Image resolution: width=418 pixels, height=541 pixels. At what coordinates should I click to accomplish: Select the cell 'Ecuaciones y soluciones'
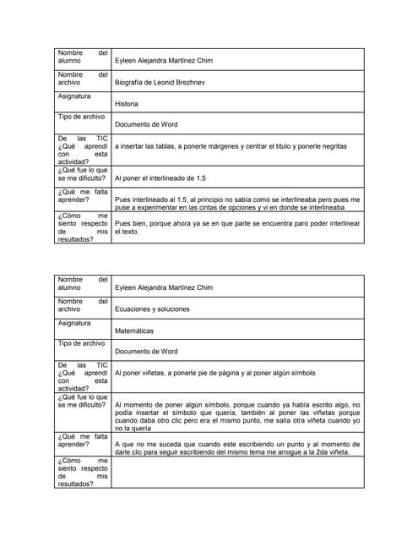[x=152, y=309]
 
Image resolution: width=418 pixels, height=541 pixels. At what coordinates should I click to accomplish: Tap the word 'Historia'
[x=127, y=104]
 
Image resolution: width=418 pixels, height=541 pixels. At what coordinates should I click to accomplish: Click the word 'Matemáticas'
[x=134, y=331]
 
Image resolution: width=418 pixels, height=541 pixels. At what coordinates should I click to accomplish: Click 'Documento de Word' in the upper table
[x=146, y=124]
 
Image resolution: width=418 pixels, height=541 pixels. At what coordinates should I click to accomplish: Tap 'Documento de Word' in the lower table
[x=146, y=351]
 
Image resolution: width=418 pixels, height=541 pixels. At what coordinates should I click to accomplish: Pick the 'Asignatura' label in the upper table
[x=74, y=96]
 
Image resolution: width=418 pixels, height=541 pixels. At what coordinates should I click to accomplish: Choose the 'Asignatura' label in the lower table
[x=74, y=323]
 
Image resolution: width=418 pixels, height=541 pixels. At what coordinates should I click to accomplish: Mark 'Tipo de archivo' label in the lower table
[x=81, y=343]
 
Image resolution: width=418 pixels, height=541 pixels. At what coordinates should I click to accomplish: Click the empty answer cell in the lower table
[x=236, y=472]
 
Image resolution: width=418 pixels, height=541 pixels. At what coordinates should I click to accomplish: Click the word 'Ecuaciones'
[x=134, y=309]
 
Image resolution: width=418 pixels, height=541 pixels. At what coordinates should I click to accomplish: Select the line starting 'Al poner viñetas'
[x=215, y=373]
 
